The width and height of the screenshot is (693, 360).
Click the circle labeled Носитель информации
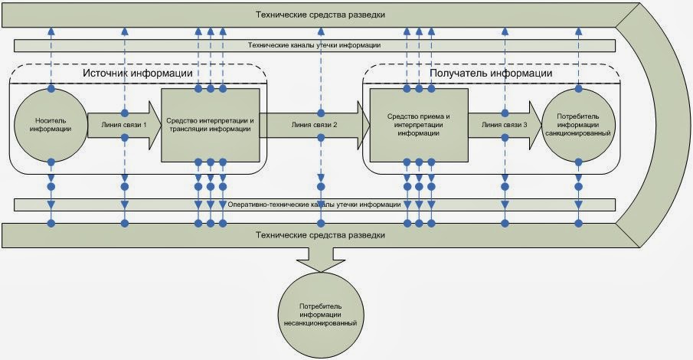(x=51, y=125)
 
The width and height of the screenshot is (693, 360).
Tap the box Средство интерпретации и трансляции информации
(x=210, y=125)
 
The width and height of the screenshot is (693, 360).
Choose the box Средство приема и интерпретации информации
(x=418, y=125)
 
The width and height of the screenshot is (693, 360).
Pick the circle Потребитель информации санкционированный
(x=577, y=125)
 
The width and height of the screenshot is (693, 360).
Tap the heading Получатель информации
(x=492, y=74)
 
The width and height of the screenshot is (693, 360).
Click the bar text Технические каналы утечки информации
(x=315, y=45)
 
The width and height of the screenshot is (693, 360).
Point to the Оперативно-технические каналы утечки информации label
(x=315, y=205)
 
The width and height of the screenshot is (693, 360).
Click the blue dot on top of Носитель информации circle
(x=51, y=89)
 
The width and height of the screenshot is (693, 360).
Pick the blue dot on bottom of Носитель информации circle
(x=51, y=162)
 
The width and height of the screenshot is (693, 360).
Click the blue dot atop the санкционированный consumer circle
(x=577, y=89)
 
